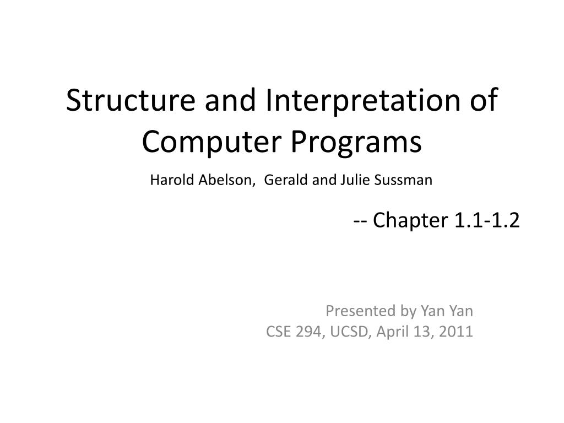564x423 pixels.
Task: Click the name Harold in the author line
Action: (167, 180)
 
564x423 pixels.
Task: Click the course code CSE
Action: (277, 332)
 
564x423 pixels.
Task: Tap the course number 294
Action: (306, 332)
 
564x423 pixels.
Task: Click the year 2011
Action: (457, 332)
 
